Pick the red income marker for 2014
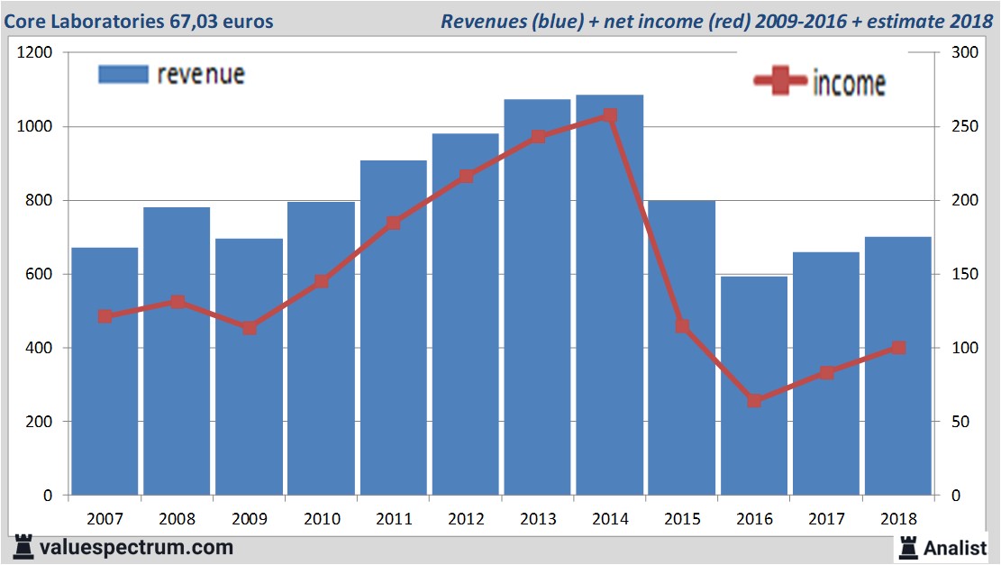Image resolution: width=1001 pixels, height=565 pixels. point(610,116)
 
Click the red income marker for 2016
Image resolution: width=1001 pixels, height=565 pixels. point(754,400)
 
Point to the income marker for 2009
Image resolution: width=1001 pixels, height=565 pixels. point(250,328)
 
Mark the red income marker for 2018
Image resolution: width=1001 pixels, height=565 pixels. point(898,348)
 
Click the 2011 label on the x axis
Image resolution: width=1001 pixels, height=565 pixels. point(394,519)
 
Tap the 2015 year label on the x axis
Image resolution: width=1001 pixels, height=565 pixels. point(682,519)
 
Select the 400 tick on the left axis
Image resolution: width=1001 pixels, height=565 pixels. point(41,348)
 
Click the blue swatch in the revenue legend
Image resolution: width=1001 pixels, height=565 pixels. point(123,74)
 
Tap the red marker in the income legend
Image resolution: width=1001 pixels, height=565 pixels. point(779,82)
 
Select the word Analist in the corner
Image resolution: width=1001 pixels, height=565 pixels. point(955,547)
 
